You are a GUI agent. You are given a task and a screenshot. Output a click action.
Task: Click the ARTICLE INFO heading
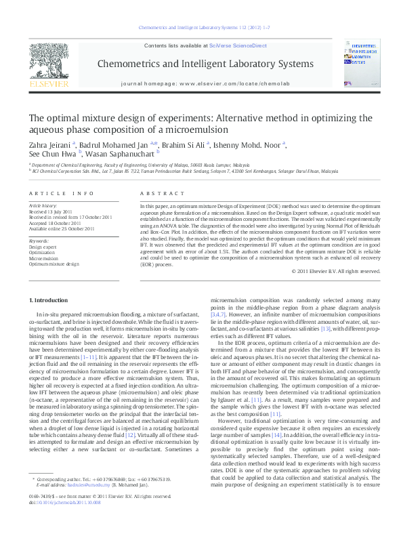61,193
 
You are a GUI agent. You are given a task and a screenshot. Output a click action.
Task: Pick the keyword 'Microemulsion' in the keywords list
44,258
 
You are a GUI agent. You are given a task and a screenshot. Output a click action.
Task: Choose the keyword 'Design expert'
43,247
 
